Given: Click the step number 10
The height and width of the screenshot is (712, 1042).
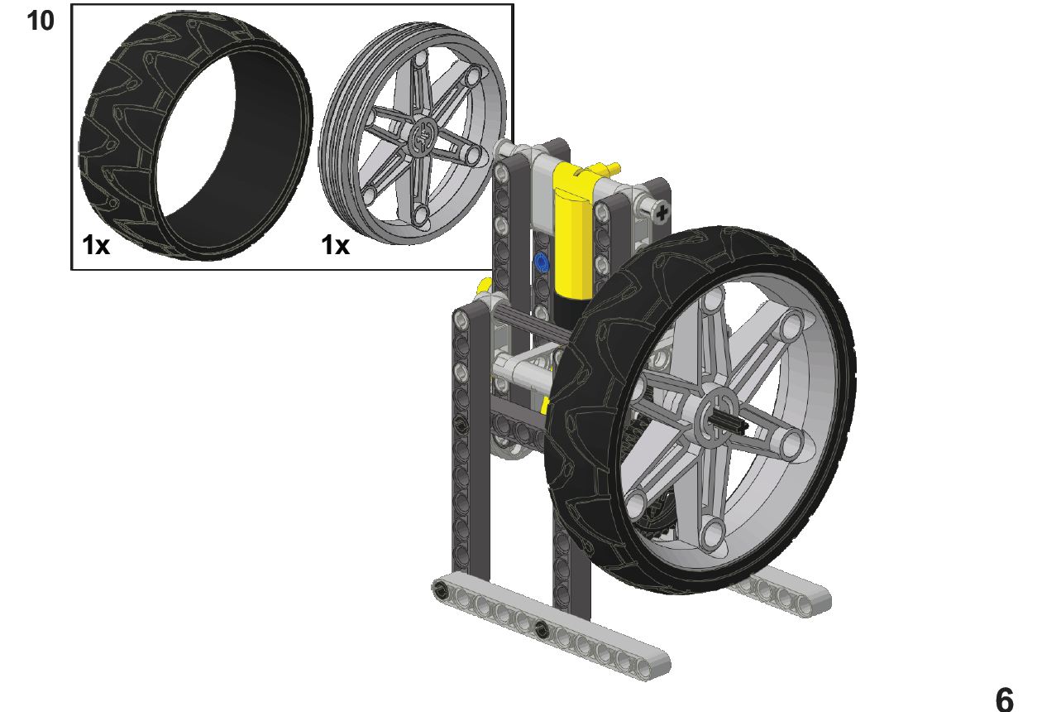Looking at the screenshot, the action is (41, 22).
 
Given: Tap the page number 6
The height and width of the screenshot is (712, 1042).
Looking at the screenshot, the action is (1005, 699).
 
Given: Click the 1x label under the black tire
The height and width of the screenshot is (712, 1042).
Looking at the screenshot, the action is (96, 244).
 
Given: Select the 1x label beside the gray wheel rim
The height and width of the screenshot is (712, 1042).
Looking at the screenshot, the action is (335, 244).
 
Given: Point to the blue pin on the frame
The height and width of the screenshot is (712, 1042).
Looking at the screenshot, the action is (541, 262).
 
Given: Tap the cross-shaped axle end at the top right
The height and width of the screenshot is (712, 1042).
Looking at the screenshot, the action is (662, 214).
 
